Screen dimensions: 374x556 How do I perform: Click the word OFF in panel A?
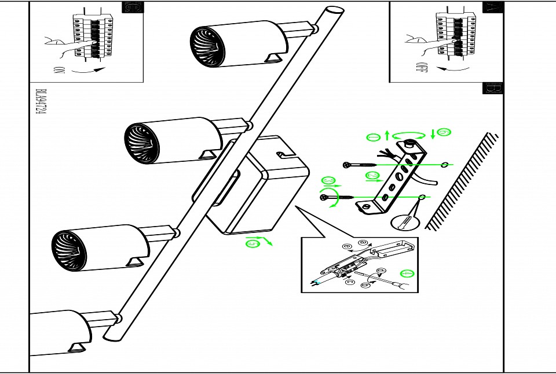[421, 68]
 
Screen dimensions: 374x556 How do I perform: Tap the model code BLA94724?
[40, 102]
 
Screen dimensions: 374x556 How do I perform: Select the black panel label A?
[492, 8]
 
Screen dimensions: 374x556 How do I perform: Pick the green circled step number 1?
[374, 137]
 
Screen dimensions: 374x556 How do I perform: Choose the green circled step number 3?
[328, 180]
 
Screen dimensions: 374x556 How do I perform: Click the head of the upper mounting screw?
[346, 165]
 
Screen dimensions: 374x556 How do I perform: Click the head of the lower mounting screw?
[322, 198]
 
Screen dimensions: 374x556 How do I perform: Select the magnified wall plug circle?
[405, 221]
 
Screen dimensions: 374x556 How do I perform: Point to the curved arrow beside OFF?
[453, 69]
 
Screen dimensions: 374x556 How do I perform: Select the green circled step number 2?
[372, 175]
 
